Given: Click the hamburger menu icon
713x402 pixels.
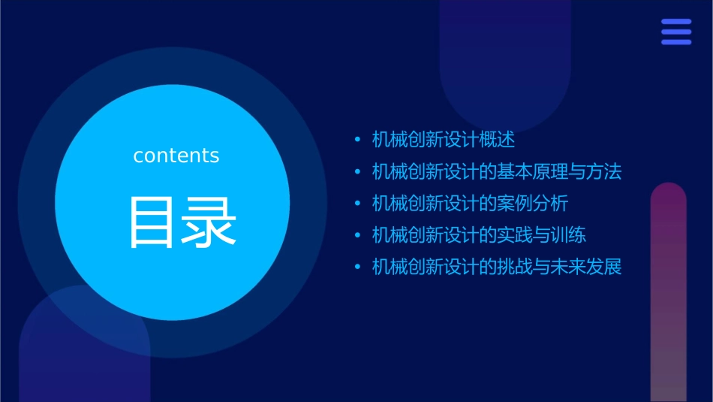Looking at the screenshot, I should click(676, 32).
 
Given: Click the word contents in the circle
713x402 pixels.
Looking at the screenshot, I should click(176, 156).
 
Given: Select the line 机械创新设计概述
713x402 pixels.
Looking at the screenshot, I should click(444, 140).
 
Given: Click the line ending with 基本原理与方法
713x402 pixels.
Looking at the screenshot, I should click(497, 171).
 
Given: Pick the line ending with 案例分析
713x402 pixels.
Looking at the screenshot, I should click(471, 204).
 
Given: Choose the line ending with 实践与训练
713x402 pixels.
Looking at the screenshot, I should click(480, 235).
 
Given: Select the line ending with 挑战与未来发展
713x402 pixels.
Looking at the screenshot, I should click(497, 267).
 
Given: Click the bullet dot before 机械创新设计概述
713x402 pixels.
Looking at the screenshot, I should click(357, 140).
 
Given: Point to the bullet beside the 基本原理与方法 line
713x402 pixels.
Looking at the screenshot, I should click(357, 172).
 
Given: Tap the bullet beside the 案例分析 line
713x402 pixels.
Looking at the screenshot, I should click(357, 204).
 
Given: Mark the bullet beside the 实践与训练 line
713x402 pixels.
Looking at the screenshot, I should click(357, 236).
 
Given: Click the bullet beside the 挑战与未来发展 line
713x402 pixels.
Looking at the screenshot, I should click(357, 267).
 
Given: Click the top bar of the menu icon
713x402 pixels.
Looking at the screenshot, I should click(676, 22).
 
